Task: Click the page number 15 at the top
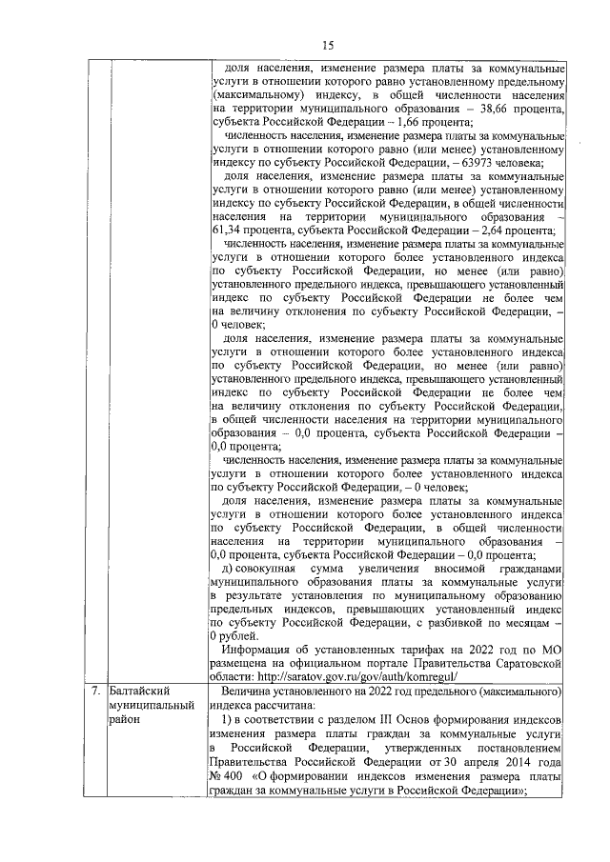328,45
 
